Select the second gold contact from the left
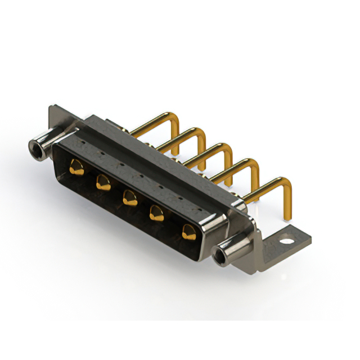coord(102,182)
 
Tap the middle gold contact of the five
coord(129,197)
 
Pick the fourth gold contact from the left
coord(156,213)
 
